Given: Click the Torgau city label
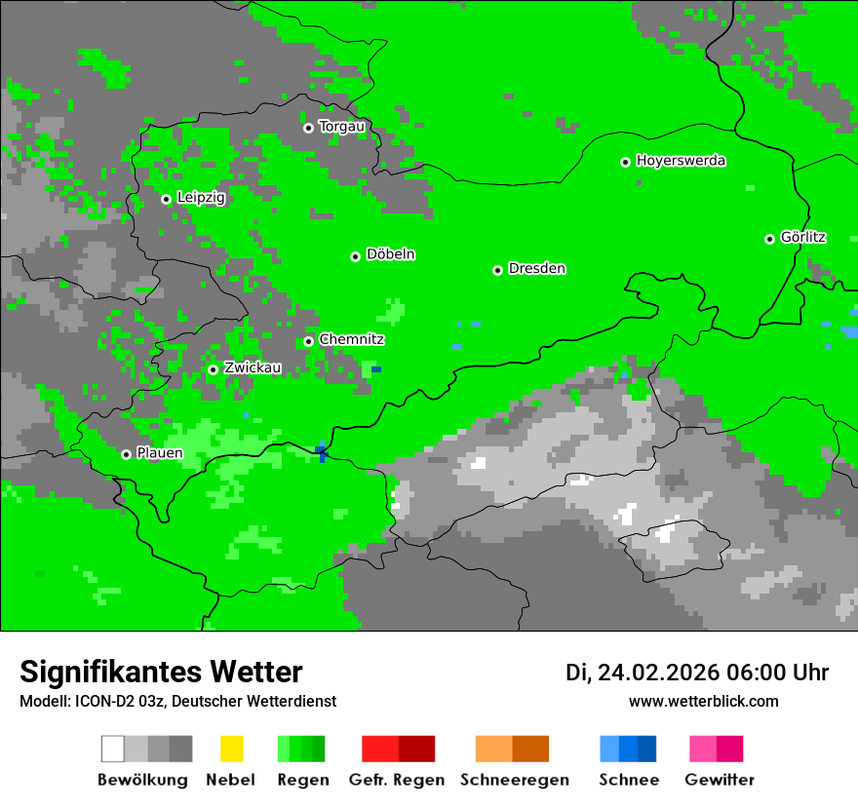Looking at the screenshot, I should point(341,127).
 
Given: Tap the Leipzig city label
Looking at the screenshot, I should point(201,198).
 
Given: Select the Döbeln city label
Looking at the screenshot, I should point(390,254).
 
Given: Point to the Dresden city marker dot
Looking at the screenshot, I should point(497,270).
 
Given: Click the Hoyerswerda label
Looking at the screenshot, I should point(681,161).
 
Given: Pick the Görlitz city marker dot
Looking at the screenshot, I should point(769,239).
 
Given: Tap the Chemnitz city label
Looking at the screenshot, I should point(351,339).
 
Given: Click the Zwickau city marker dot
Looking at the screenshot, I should point(213,369).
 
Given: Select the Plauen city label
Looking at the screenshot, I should point(159,453).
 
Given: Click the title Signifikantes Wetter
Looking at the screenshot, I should point(161,672).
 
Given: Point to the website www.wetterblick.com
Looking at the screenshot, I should point(703,701).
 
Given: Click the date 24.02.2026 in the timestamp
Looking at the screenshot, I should point(658,672).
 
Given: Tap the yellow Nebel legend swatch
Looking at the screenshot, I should point(231,749).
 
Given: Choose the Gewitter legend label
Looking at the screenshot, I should point(719,780).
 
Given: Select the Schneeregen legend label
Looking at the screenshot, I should point(514,780).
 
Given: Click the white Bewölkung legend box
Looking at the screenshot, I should point(113,749).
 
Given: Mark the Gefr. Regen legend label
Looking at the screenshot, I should point(396,780).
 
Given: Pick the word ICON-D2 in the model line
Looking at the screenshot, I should point(98,701).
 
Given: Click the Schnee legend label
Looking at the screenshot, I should point(628,780).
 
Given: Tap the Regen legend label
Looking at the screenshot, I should point(302,780).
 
